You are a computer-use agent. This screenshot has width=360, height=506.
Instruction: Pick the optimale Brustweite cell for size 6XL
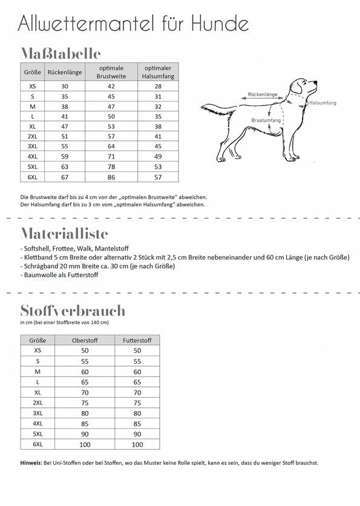click(x=111, y=177)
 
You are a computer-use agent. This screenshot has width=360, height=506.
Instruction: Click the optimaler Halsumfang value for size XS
click(x=159, y=87)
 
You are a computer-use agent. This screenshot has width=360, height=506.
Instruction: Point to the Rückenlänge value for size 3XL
click(x=65, y=146)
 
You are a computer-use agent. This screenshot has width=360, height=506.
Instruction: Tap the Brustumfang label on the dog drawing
click(x=266, y=121)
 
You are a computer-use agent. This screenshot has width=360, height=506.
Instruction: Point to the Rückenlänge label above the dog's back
click(x=263, y=95)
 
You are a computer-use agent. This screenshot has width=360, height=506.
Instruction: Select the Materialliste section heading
click(x=64, y=234)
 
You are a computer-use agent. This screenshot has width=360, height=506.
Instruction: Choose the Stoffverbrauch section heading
click(x=73, y=310)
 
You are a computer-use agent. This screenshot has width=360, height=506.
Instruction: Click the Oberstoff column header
click(x=85, y=340)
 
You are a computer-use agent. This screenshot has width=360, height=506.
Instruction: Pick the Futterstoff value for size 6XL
click(x=137, y=444)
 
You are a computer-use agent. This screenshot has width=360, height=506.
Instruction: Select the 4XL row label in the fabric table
click(x=38, y=423)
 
